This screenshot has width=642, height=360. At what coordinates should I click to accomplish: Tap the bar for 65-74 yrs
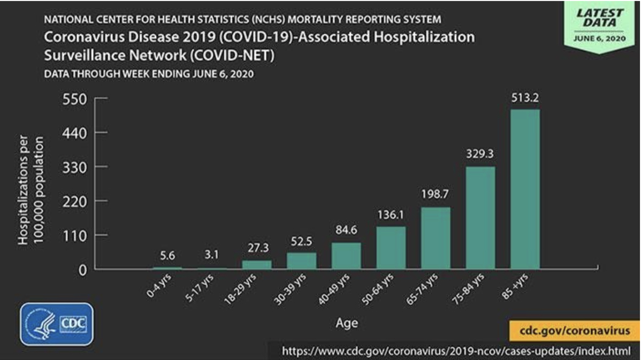point(435,238)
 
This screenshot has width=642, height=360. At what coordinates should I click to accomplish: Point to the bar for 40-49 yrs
point(346,256)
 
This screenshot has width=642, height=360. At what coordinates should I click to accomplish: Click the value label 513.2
point(525,98)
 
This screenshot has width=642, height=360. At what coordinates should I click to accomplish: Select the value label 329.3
point(480,155)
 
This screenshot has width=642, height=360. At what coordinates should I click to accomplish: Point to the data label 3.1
point(212,255)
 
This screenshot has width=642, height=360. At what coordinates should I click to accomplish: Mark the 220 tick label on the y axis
point(75,201)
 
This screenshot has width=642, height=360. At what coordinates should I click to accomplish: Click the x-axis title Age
point(347,323)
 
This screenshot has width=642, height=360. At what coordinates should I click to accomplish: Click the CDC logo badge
point(57,324)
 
